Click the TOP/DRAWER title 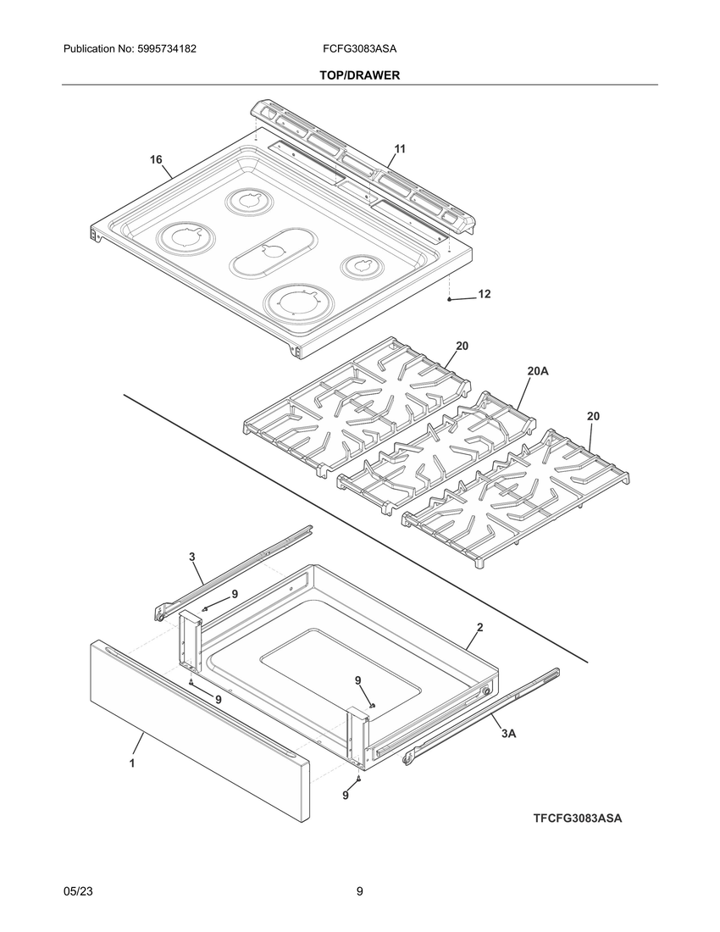point(359,75)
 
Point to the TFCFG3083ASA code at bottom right point(578,818)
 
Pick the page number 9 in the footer point(360,891)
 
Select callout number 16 point(156,159)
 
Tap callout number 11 point(400,148)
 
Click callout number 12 point(484,295)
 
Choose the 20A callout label point(538,371)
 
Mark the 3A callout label point(507,734)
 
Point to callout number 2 point(479,628)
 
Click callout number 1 point(132,763)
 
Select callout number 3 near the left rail point(192,557)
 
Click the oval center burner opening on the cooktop point(271,251)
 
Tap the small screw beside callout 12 point(449,298)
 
